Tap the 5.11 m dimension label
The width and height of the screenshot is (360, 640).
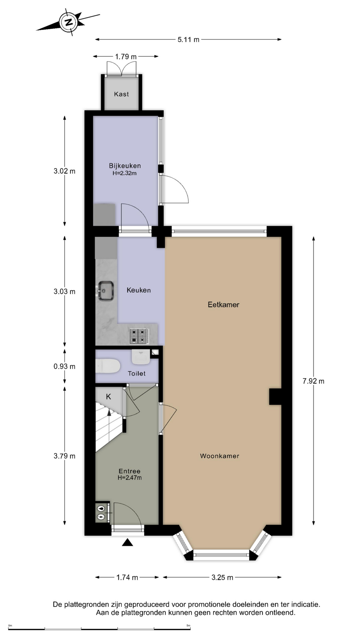coord(188,40)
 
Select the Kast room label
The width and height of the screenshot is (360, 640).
coord(121,94)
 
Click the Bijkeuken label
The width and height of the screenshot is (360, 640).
coord(125,166)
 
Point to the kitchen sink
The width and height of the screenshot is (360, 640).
coord(106,291)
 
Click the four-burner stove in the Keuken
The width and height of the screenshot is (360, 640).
coord(139,336)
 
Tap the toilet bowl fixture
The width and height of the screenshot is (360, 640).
coord(107,366)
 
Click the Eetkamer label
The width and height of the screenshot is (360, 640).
coord(223,304)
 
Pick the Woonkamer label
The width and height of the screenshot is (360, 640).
coord(219,456)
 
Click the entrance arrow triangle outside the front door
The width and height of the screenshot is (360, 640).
coord(127,542)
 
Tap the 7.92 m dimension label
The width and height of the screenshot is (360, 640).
coord(313,381)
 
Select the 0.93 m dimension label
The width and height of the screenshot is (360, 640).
coord(64,366)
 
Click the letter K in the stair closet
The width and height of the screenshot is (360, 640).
coord(108,397)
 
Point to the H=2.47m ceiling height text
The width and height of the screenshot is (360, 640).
coord(129,478)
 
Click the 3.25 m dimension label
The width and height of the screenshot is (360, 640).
coord(222,577)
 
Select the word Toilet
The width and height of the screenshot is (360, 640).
coord(137,374)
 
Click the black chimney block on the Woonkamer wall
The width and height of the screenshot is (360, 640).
coord(275,397)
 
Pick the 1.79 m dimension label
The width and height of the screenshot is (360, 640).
coord(126,57)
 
